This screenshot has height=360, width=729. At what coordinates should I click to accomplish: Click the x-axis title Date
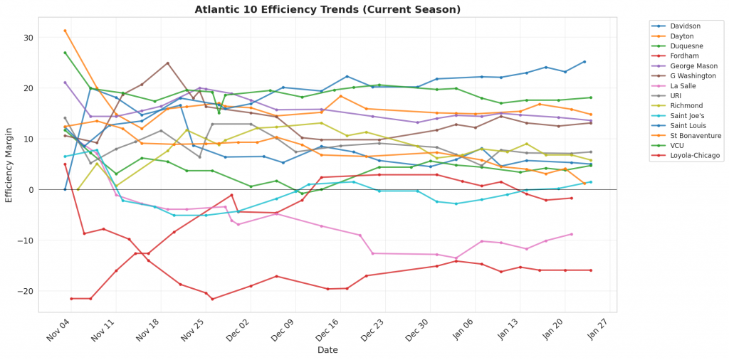[x=327, y=350]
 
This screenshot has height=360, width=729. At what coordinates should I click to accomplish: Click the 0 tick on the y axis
[x=32, y=190]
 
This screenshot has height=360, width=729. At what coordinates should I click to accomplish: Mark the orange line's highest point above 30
[x=65, y=31]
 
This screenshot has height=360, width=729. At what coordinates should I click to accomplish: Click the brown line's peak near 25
[x=167, y=63]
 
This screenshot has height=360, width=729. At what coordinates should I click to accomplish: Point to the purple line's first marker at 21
[x=65, y=83]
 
